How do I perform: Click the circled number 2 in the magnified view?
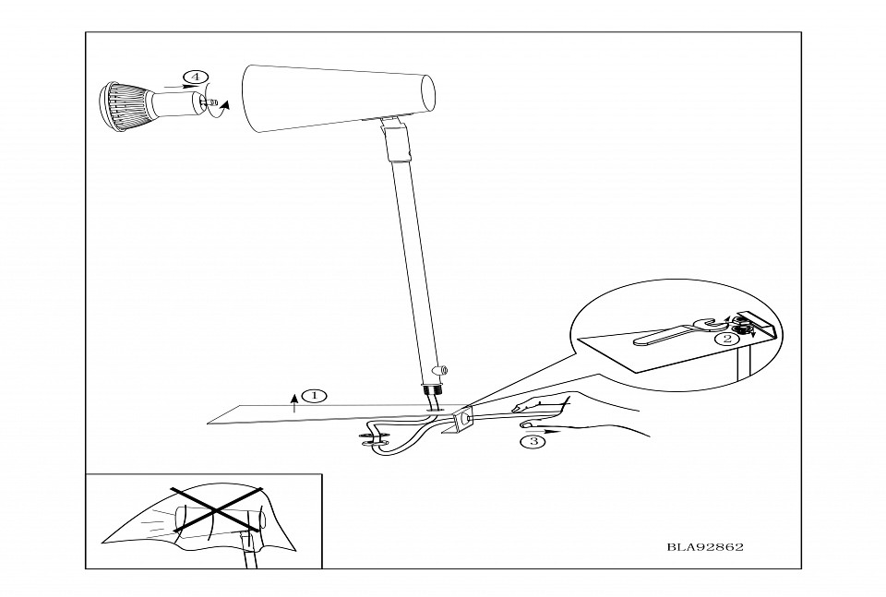point(728,339)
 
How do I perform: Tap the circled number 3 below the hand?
point(531,441)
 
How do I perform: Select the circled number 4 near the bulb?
point(195,77)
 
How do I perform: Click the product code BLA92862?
point(705,546)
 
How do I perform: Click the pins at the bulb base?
point(211,103)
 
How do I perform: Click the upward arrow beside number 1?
point(294,400)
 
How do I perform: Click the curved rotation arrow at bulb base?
point(221,109)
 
